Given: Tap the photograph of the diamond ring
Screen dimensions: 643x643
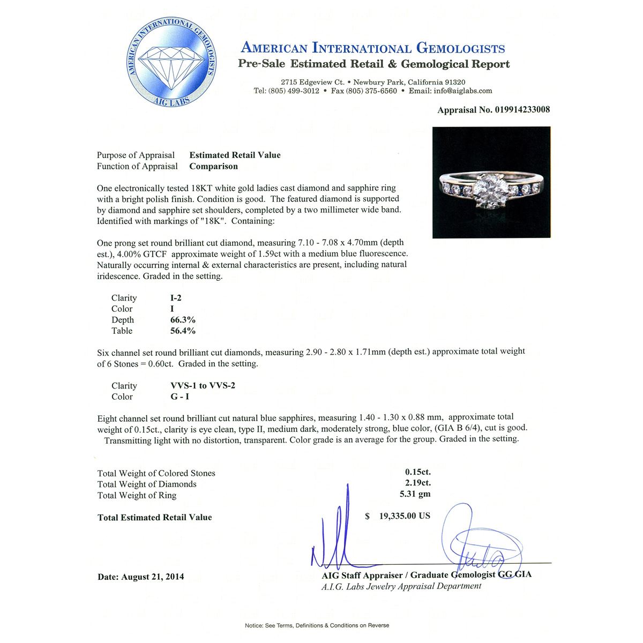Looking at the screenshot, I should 491,182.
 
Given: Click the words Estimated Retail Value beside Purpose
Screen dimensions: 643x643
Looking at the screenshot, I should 235,155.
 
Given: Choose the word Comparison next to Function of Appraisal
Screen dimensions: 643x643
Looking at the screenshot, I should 213,166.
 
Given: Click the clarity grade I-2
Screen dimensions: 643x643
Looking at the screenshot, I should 176,298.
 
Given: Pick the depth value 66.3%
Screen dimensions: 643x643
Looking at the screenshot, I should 183,320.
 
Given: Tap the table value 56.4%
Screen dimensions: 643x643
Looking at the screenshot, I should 183,331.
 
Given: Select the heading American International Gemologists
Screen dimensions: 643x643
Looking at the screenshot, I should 373,48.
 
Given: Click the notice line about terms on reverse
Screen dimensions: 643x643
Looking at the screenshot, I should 317,625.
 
